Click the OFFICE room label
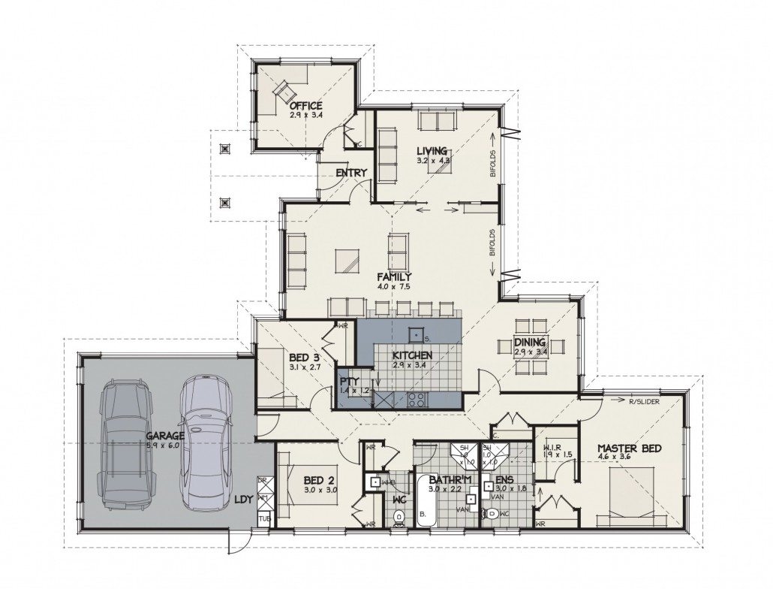click(x=306, y=105)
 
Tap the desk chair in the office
click(x=284, y=89)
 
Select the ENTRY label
click(x=351, y=173)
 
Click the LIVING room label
click(x=432, y=150)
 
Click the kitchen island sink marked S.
click(x=413, y=332)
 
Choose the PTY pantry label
click(x=349, y=382)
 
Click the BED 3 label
click(x=305, y=358)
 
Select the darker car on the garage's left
click(x=126, y=443)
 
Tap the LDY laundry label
click(x=243, y=499)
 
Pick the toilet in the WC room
click(x=399, y=515)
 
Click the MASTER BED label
click(x=629, y=449)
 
